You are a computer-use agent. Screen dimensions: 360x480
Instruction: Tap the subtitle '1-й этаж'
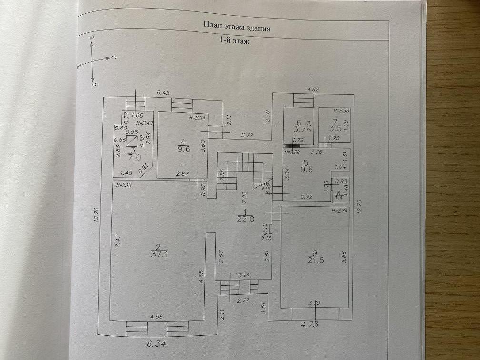[237, 41]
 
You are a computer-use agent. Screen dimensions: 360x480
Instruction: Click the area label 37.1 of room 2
[159, 256]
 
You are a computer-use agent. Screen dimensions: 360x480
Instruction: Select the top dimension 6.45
[164, 94]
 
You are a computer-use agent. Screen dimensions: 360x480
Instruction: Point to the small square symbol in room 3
[135, 140]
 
